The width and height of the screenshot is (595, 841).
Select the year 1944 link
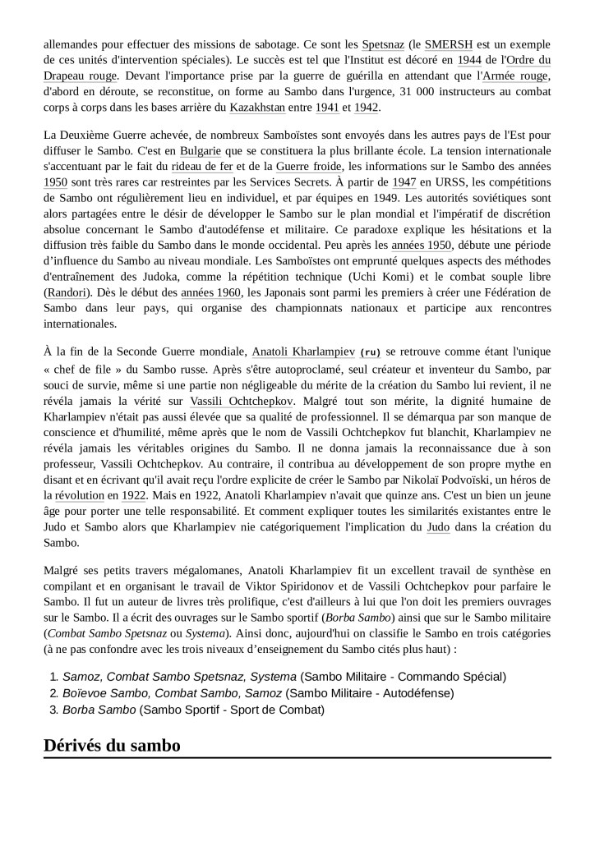470,59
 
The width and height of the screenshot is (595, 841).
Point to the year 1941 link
327,108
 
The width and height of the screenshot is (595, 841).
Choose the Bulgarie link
201,151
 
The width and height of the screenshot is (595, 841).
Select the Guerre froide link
309,168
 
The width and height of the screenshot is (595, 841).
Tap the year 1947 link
404,183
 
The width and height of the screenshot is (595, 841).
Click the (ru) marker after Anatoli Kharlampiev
371,352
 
